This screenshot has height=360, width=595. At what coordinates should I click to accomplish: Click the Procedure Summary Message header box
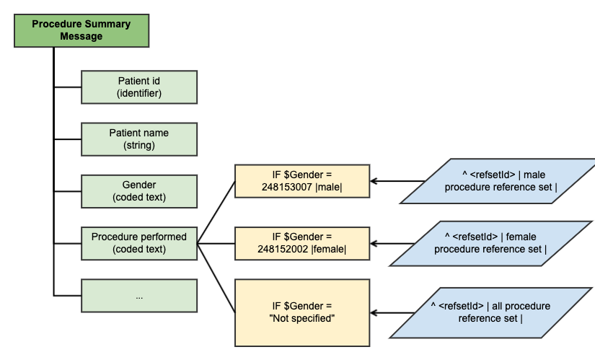[x=81, y=30]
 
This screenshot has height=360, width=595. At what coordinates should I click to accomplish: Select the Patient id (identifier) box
[x=138, y=87]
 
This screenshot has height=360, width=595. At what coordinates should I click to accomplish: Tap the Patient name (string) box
[x=138, y=139]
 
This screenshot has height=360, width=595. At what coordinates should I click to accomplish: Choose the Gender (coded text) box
[x=138, y=191]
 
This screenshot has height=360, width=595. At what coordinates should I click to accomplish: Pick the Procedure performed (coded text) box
[x=138, y=243]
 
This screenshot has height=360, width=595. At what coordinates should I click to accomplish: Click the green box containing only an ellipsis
[x=138, y=296]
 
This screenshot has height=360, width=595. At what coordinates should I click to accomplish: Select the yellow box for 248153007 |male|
[x=301, y=181]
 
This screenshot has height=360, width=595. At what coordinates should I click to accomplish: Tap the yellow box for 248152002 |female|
[x=301, y=243]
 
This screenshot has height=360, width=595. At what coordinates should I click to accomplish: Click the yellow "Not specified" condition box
[x=301, y=312]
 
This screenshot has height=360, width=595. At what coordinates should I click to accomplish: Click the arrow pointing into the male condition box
[x=392, y=181]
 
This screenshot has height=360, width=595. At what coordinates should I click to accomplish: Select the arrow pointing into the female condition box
[x=392, y=243]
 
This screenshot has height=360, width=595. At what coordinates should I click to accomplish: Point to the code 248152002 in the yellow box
[x=282, y=250]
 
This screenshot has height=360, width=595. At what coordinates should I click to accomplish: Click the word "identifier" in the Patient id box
[x=139, y=94]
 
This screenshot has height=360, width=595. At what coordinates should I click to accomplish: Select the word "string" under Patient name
[x=139, y=146]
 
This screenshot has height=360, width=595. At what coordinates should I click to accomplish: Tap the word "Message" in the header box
[x=81, y=37]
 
